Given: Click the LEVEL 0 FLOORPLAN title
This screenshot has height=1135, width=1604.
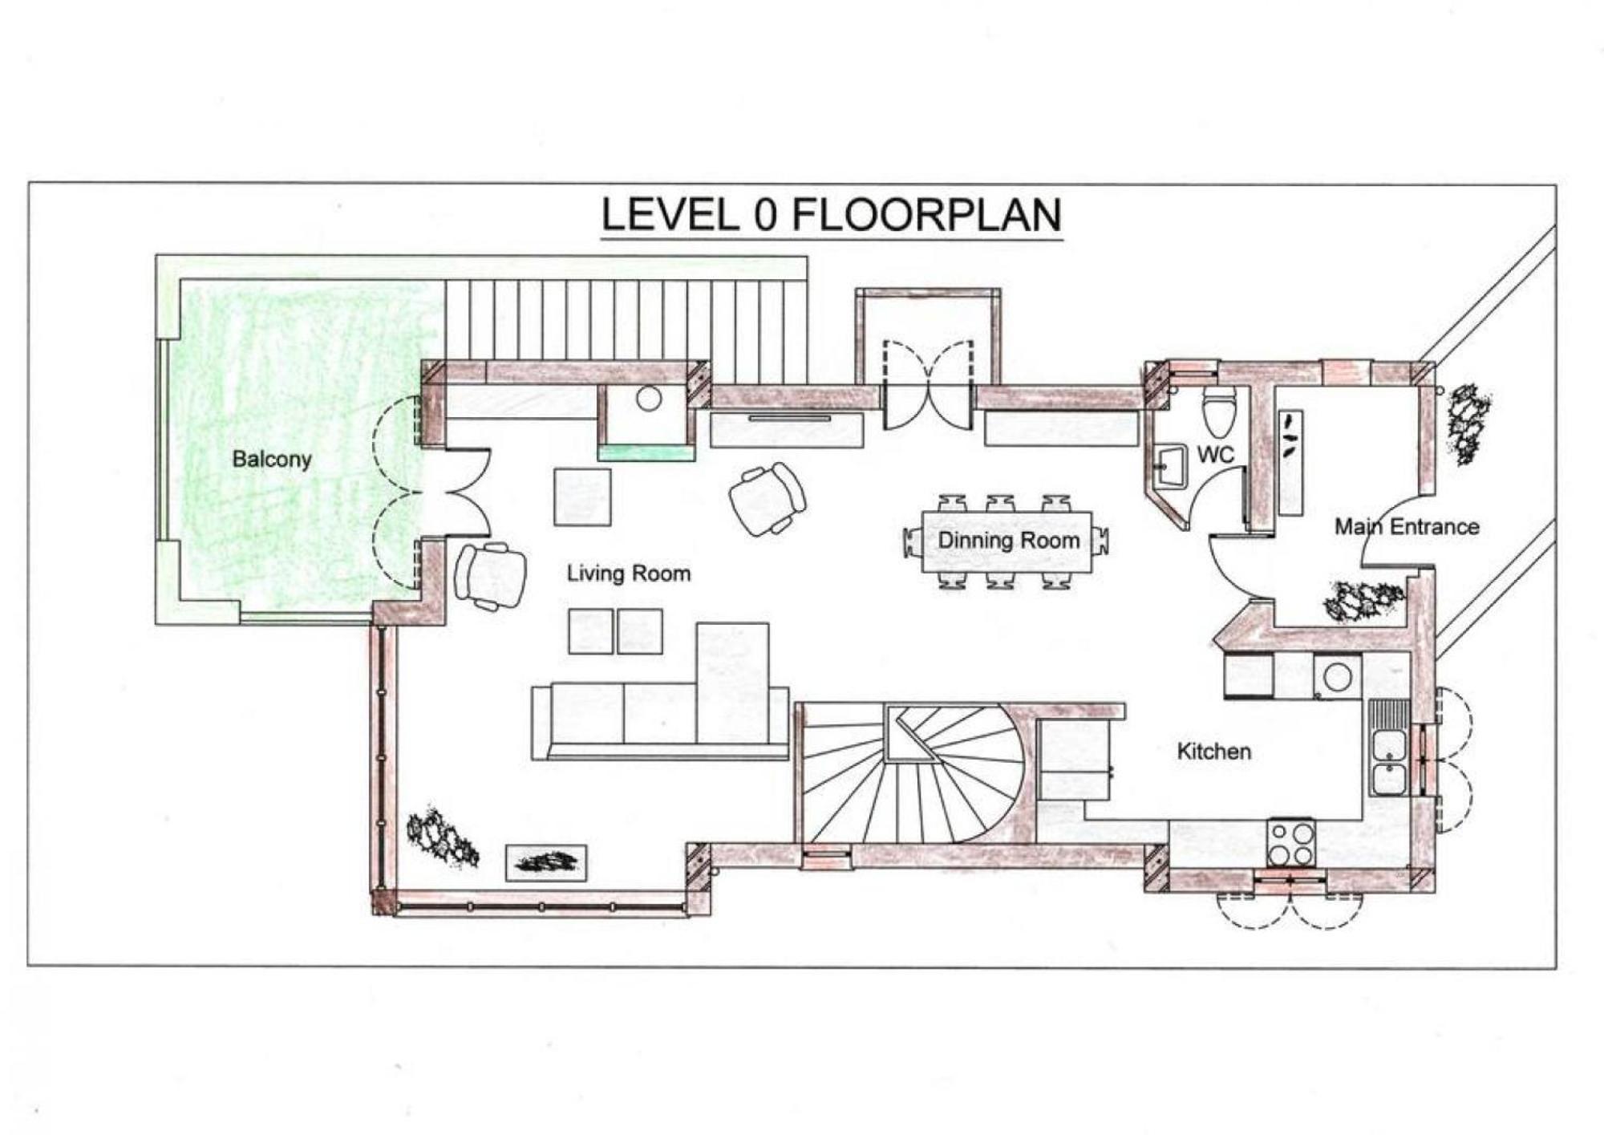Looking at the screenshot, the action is coord(832,215).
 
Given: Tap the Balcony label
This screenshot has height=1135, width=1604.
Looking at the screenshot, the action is coord(272,460).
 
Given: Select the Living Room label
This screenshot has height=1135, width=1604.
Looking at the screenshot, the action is coord(629,574).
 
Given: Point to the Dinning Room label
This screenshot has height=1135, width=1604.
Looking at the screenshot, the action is coord(1009,541).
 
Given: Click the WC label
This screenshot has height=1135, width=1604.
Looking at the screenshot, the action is coord(1215,455).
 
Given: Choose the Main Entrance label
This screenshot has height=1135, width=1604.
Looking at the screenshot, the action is coord(1407,527).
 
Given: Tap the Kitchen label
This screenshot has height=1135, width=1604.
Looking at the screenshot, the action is coord(1213,752).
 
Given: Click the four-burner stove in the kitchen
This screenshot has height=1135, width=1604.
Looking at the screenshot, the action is coord(1290,842).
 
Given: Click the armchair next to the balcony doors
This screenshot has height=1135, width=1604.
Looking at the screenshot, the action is coord(490,575).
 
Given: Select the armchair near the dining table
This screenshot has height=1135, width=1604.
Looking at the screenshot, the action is coord(768,497).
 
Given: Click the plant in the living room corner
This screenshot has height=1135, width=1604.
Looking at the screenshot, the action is coord(441,836).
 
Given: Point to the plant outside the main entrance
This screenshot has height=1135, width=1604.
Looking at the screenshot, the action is coord(1468,423).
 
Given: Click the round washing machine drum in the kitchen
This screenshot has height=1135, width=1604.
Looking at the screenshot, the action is coord(1337,676).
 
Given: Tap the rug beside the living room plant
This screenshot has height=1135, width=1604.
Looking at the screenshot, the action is coord(546,862).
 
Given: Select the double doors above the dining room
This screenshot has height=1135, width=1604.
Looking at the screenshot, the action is coord(929,385).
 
